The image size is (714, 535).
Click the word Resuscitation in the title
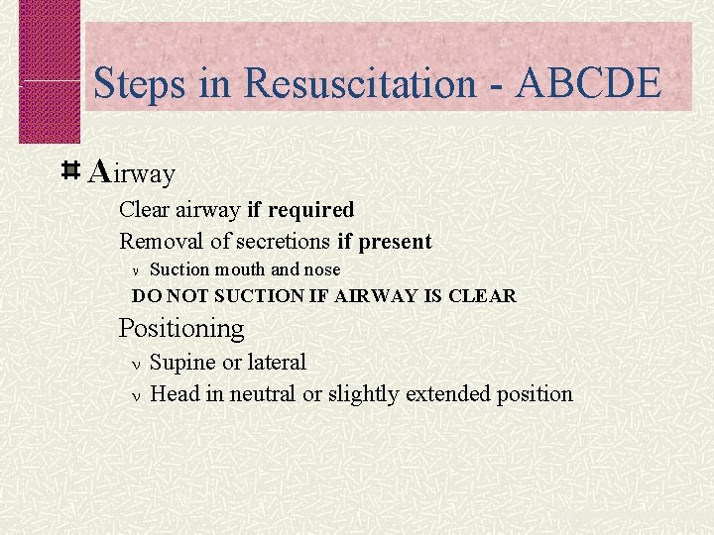(359, 83)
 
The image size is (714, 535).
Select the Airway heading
(131, 173)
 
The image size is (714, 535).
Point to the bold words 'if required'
(300, 210)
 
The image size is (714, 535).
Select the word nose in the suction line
(321, 269)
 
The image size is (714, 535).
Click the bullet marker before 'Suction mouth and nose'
(137, 270)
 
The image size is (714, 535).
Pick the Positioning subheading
(181, 327)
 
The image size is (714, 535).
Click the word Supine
(182, 363)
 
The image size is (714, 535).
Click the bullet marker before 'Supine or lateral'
(137, 364)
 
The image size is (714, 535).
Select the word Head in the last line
(175, 393)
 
